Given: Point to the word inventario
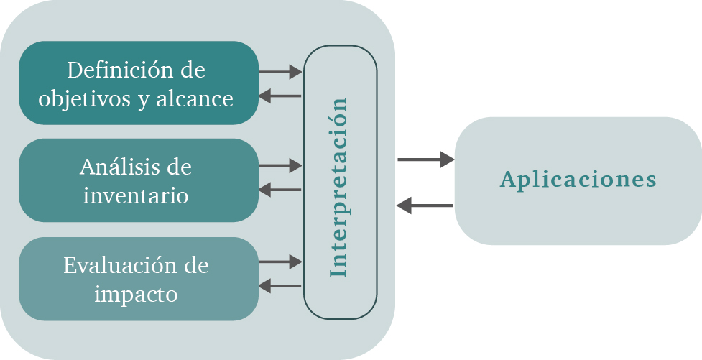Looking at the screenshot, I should [136, 195].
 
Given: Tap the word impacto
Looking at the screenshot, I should [136, 294].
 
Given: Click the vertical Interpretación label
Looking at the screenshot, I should [339, 186].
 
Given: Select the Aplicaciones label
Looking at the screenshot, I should [578, 179].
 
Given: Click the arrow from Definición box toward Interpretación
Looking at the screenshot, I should [280, 72].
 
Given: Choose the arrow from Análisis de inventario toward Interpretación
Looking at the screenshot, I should [280, 166].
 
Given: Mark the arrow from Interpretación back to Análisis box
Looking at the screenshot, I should [280, 190].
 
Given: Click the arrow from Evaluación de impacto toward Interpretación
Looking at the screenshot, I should [280, 262].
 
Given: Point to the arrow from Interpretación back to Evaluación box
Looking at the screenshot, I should [280, 286].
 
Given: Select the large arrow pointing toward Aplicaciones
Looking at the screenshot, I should [425, 160].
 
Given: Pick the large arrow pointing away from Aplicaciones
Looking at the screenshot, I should [425, 206].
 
